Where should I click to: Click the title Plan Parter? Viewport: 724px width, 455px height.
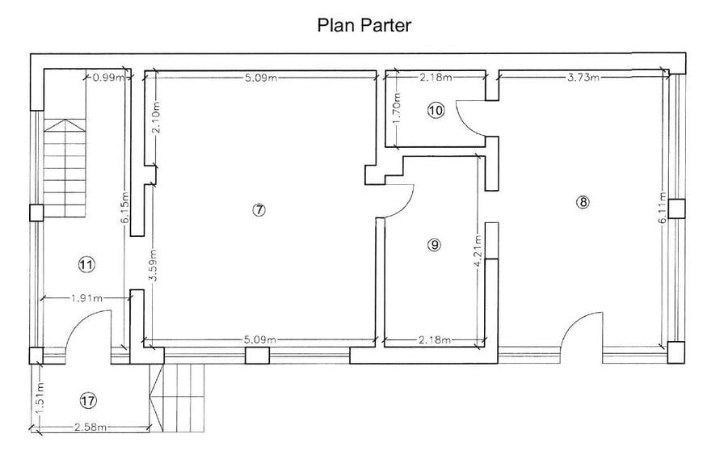coord(364,25)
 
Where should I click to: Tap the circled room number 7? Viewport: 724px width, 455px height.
coord(259,210)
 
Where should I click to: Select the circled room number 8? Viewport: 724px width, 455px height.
coord(583,202)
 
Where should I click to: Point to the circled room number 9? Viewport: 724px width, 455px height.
coord(434,245)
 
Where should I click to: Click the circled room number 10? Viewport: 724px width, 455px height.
coord(436,111)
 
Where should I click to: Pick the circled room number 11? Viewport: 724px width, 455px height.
coord(86,265)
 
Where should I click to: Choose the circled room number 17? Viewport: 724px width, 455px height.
coord(88,400)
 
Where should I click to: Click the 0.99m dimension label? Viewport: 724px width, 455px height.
coord(108,78)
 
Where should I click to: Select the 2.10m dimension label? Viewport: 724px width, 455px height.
coord(156,118)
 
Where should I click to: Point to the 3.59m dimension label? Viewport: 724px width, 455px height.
coord(154,265)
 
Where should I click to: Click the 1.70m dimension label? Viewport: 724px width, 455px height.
coord(396,108)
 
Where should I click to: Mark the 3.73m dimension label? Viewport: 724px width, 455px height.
coord(583,78)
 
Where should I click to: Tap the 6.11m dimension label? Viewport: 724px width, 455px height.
coord(663,208)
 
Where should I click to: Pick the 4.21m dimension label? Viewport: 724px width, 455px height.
coord(478,251)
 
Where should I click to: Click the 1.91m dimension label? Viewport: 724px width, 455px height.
coord(86,298)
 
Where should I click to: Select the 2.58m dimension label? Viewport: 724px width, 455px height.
coord(90,428)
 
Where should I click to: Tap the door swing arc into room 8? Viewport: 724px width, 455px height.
coord(574,325)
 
